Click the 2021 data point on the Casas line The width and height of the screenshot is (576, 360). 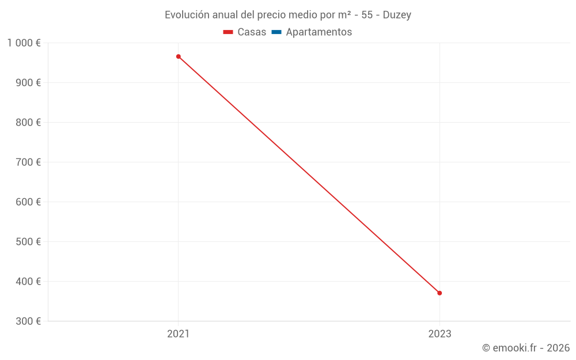tap(179, 56)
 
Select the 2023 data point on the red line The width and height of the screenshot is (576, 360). tap(439, 293)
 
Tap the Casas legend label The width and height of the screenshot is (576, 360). tap(252, 32)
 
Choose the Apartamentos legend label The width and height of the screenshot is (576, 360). tap(319, 32)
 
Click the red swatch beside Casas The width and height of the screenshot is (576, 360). tap(228, 32)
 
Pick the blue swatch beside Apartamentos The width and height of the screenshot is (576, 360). tap(276, 32)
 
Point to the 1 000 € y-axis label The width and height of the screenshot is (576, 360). tap(24, 43)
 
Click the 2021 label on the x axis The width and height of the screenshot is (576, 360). tap(179, 334)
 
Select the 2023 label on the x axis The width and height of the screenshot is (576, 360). tap(439, 334)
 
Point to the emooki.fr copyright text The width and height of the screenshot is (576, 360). tap(526, 348)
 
